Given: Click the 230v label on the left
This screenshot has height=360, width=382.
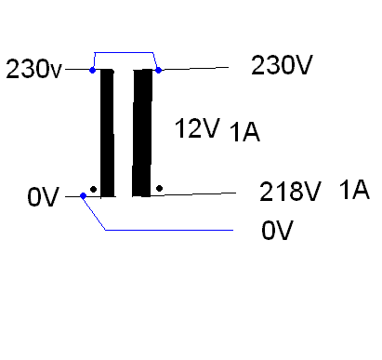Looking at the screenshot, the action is point(34,69).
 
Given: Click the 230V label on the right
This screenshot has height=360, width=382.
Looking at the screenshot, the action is point(282,65).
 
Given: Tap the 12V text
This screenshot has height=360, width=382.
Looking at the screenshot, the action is point(197,128).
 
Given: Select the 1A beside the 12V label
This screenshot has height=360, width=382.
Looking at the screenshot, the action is point(244,132).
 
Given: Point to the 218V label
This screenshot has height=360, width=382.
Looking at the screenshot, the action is point(290,192).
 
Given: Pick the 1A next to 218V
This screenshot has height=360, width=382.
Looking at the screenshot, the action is point(354,189).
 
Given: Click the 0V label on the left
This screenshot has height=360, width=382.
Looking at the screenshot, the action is point(43,197).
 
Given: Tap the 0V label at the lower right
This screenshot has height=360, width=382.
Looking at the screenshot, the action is point(277,230).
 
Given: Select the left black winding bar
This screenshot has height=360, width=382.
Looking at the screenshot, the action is point(107,133).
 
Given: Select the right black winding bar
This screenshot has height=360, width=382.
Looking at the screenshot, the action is point(142,133).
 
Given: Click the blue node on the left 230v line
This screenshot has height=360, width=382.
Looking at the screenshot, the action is point(92,70).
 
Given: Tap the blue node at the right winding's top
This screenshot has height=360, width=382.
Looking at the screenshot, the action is point(158,70).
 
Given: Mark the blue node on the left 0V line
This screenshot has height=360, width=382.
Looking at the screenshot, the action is point(83,195).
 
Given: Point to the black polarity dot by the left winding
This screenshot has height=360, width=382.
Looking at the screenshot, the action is point(93,189).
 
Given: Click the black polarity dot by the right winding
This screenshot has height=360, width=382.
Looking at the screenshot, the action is point(159,188).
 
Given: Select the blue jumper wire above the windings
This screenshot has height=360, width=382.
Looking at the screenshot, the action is point(124,52).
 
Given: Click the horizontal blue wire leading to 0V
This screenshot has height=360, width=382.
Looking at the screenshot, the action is point(169,230).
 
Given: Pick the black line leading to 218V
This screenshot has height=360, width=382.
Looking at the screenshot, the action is point(193,194).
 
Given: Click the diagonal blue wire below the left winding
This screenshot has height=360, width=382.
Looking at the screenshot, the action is point(94,213).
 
